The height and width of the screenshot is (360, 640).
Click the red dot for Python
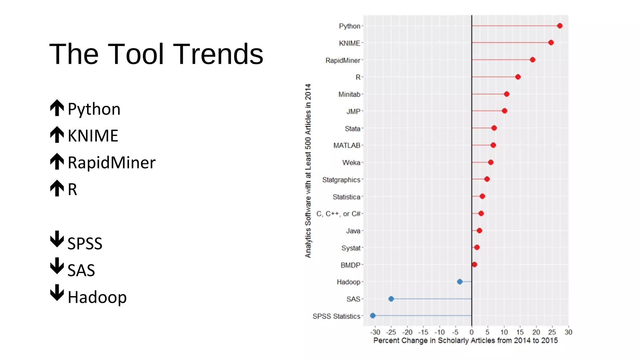(x=559, y=26)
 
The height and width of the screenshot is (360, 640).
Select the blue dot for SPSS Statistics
(x=372, y=316)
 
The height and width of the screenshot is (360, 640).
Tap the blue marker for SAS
(x=391, y=299)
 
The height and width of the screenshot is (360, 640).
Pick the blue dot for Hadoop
(x=460, y=282)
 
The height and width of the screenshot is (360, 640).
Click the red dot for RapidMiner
(x=532, y=60)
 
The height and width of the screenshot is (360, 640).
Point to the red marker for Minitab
(x=507, y=94)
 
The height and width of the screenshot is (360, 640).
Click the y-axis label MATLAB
(x=347, y=145)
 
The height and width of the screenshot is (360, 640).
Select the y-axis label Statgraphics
(x=341, y=180)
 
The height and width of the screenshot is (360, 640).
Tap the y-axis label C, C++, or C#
(x=338, y=214)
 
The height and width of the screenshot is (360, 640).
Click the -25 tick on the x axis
(x=391, y=332)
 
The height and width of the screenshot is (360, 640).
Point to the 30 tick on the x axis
(x=568, y=332)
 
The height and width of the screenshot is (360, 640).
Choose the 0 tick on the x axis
(x=472, y=332)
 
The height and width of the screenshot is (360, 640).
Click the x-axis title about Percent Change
(x=465, y=341)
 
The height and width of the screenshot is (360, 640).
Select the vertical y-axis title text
(x=308, y=171)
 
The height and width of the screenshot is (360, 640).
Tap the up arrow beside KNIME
(x=57, y=135)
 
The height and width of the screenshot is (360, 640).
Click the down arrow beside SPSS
(x=57, y=239)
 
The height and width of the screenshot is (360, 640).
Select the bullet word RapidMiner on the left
(x=112, y=162)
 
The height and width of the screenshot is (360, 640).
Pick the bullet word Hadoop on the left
(x=97, y=297)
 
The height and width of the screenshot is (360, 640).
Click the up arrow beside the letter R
(x=57, y=188)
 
